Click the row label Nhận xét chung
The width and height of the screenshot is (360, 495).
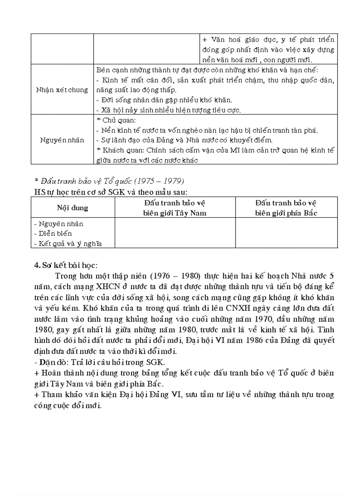pyautogui.click(x=62, y=89)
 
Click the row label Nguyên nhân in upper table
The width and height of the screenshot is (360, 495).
pyautogui.click(x=62, y=140)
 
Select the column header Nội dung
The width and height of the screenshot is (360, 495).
pyautogui.click(x=72, y=208)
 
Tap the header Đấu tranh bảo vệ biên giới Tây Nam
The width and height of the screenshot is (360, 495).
pyautogui.click(x=175, y=208)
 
